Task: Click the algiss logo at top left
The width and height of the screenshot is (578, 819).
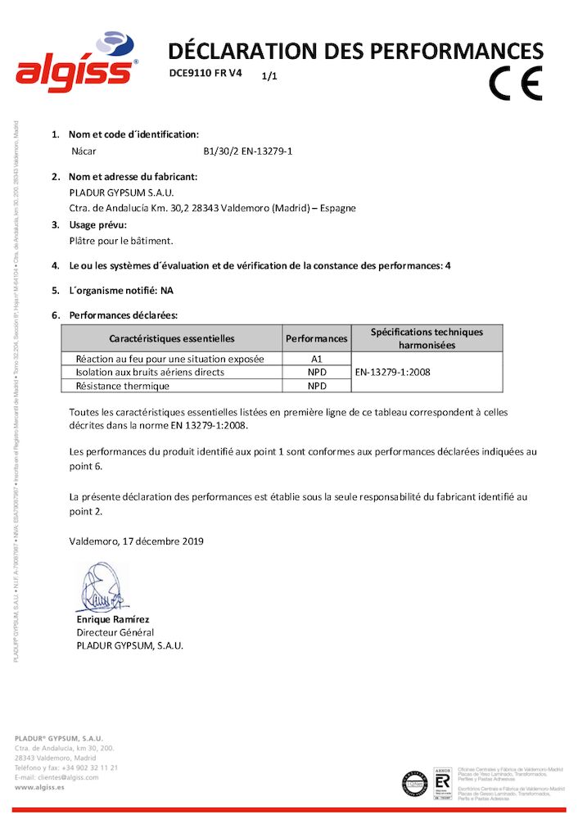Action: [76, 63]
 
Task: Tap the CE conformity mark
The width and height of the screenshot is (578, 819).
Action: [516, 81]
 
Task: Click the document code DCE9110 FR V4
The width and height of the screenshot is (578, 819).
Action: [205, 73]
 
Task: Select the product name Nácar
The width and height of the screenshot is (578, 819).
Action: [84, 152]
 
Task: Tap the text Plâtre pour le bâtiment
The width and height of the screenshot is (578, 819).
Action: [122, 241]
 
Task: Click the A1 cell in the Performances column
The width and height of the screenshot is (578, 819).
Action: [317, 358]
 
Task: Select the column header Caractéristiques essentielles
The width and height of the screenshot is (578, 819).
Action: [172, 338]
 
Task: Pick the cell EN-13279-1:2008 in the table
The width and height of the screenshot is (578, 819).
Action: [392, 372]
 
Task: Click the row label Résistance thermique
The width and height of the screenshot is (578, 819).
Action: [120, 386]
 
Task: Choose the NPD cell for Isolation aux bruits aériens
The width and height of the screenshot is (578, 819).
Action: [317, 372]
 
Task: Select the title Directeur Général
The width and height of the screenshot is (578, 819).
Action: [115, 632]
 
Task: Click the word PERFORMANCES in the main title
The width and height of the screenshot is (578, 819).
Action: [454, 52]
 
